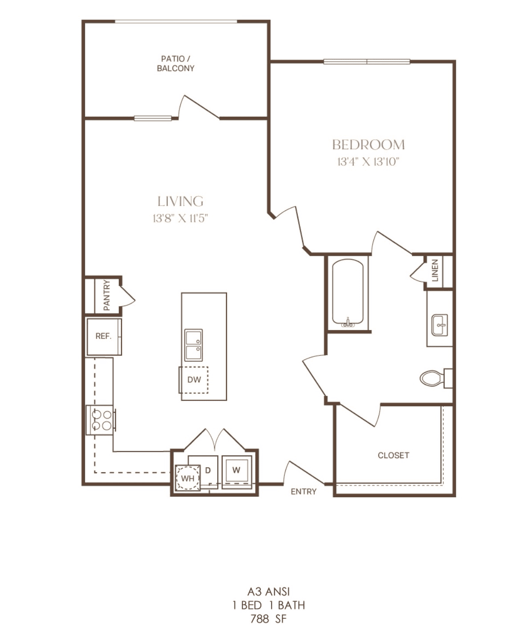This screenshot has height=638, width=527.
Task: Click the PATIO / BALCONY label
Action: pos(175,63)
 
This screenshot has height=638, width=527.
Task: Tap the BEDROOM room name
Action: pos(369,144)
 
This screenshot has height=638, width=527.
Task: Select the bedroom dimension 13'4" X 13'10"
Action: pos(369,162)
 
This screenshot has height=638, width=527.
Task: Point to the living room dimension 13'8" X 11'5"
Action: pos(180,218)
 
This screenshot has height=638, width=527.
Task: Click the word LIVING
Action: pos(180,201)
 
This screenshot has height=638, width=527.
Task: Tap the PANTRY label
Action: pos(106,295)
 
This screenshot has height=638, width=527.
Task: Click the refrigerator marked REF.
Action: pos(104,337)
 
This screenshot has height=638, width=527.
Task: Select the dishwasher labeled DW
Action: pos(194,380)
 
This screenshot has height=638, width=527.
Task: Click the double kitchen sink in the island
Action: pos(194,345)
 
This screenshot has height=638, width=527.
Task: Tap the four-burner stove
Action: pos(101,420)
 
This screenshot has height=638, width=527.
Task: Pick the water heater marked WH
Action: pos(187,478)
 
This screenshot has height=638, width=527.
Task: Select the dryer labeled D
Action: pos(208,470)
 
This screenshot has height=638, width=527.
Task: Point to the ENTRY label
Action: pos(304,491)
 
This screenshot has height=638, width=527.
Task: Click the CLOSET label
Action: pos(393,455)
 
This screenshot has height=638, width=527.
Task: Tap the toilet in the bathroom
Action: pos(436,378)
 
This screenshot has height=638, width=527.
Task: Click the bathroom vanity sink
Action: pos(440,325)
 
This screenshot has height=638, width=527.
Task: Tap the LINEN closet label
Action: pos(435,270)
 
